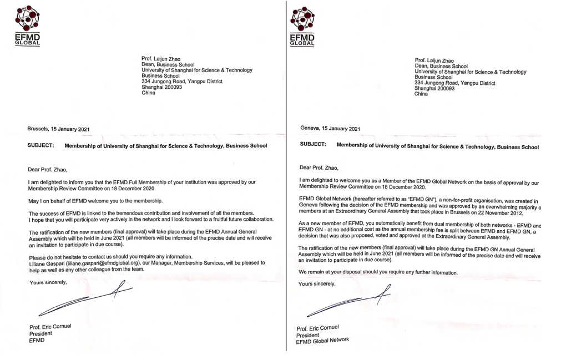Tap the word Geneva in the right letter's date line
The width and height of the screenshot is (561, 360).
[x=311, y=128]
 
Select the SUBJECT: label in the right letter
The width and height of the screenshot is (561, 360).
[x=313, y=144]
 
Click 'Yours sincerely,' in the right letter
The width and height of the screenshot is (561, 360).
[x=317, y=285]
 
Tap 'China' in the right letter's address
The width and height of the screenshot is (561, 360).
[x=421, y=94]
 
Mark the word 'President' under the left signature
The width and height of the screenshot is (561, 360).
[x=41, y=333]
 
